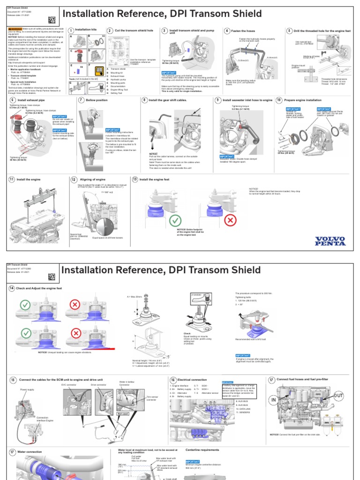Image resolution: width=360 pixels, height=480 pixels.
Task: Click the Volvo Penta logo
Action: point(330,240)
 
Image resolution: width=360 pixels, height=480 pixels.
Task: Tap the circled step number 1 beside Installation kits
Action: point(71,30)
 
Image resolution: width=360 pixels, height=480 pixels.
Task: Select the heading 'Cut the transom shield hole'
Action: point(134,30)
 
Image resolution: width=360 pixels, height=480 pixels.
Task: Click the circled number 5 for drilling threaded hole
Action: point(289,30)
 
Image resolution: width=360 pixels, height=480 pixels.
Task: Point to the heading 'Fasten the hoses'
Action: point(242,30)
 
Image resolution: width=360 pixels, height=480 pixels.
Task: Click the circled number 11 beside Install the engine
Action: point(12,180)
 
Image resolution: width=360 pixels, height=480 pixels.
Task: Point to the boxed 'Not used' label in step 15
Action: point(123,414)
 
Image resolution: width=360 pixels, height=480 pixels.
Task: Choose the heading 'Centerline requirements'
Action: point(202,450)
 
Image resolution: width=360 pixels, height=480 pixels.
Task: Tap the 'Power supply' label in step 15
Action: point(27,389)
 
